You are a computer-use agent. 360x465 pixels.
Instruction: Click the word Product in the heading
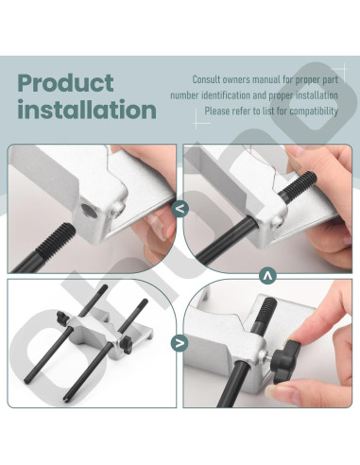tap(65, 83)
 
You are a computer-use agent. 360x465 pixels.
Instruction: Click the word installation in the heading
tap(86, 110)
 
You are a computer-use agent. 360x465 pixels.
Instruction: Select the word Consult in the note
tap(207, 80)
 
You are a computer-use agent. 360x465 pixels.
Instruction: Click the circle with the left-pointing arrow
tap(180, 211)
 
